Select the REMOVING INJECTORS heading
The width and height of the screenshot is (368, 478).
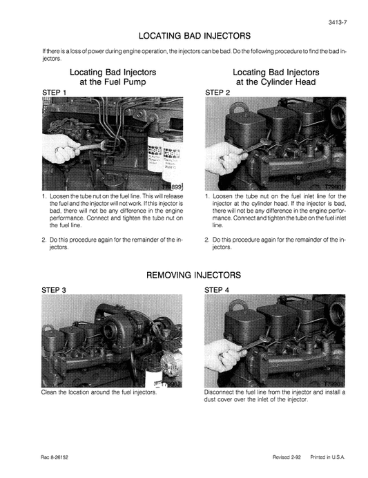[x=193, y=274]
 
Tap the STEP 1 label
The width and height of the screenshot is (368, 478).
[x=55, y=91]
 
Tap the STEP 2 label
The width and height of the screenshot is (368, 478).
[x=217, y=91]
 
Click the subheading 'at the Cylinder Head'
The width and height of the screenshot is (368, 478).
[x=275, y=82]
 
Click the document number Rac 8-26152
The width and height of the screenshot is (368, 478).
[x=57, y=459]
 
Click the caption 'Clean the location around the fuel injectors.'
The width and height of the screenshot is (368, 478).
[x=99, y=393]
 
